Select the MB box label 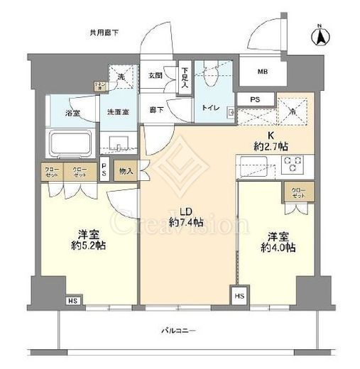click(262, 70)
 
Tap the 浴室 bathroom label click(73, 111)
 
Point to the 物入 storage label click(126, 171)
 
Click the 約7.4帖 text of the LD click(187, 223)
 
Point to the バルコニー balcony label click(173, 330)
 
